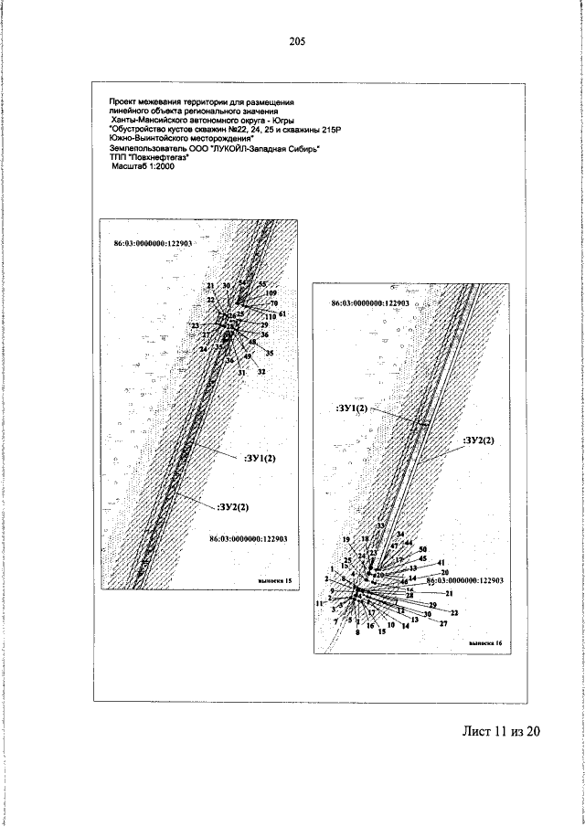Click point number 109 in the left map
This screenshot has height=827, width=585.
(x=271, y=293)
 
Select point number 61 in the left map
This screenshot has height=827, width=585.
(x=282, y=314)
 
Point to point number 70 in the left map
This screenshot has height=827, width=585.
(x=273, y=303)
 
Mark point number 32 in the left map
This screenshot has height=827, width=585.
(x=261, y=372)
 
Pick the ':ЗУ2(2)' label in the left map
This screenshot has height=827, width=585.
(x=234, y=505)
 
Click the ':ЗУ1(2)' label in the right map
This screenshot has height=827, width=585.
(x=351, y=408)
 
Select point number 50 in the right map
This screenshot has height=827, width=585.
(x=422, y=549)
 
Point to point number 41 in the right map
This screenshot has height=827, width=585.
(x=441, y=562)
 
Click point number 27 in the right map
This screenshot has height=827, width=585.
(x=443, y=623)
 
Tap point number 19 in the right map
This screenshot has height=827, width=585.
(x=346, y=540)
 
